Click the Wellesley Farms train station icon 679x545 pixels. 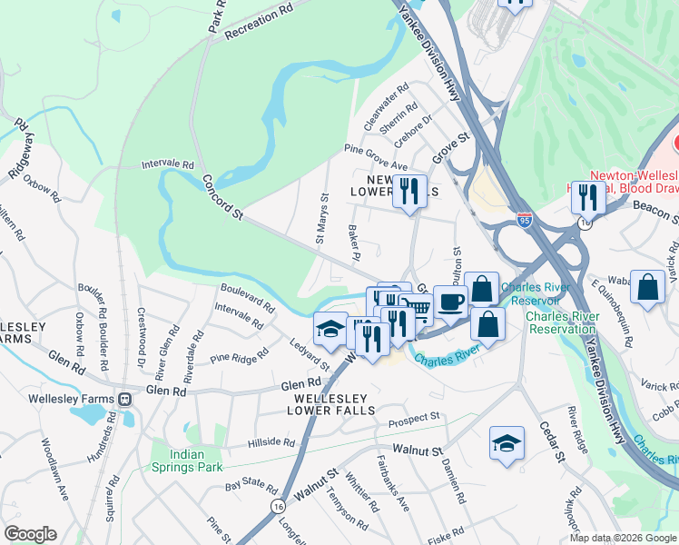coord(124,399)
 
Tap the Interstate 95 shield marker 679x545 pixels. coord(524,220)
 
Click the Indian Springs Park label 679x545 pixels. coord(197,461)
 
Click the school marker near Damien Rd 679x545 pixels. coord(507,442)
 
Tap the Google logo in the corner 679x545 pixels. coord(30,534)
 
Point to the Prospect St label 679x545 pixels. coord(414,418)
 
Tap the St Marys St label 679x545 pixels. coord(320,220)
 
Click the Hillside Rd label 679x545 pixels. coord(271,443)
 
